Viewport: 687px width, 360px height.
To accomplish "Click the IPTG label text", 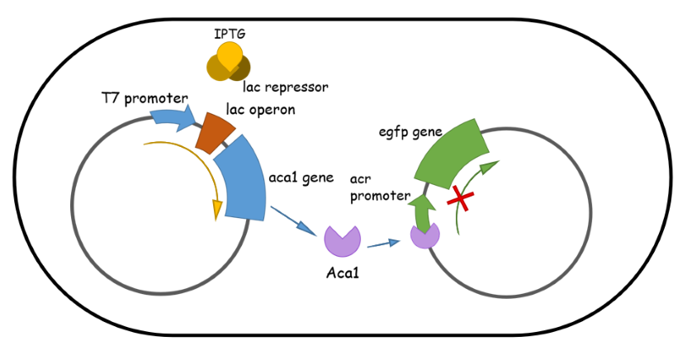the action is [x=230, y=34].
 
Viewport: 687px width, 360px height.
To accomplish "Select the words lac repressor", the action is [x=285, y=88].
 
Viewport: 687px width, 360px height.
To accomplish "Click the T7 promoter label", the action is [x=145, y=99].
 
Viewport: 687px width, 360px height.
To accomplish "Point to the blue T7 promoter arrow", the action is [x=173, y=119].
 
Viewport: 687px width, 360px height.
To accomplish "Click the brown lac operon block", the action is [x=215, y=133].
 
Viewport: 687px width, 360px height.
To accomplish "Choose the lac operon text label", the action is [x=261, y=110].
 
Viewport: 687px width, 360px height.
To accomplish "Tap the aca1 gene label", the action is [x=301, y=178].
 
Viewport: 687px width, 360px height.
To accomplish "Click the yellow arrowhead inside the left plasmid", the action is [x=216, y=211].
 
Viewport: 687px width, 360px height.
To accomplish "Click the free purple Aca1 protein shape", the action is [x=342, y=242].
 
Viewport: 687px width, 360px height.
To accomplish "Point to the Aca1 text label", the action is [x=343, y=273].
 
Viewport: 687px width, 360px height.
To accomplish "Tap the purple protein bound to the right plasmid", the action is [x=424, y=235].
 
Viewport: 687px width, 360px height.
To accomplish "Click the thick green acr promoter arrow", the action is [x=423, y=213].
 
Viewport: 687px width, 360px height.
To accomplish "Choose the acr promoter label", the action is [x=380, y=187].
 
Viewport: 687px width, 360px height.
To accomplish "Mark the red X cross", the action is [x=461, y=198].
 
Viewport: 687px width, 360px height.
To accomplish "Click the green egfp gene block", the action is [x=452, y=154].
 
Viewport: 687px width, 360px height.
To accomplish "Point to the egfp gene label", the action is [x=410, y=132].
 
